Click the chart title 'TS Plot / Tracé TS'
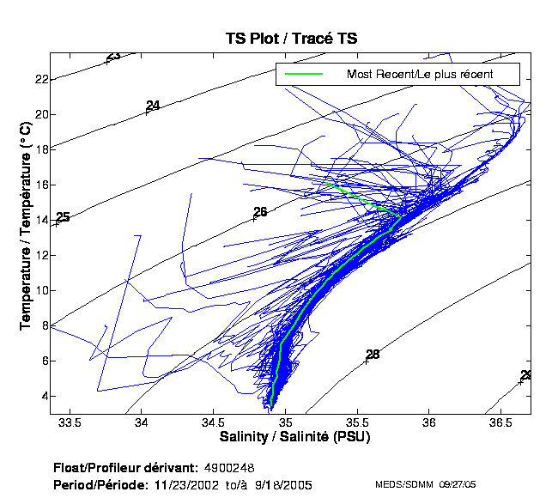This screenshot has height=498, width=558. (x=290, y=39)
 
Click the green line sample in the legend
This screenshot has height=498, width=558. (x=304, y=75)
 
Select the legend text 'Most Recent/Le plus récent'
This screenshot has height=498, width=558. (x=419, y=75)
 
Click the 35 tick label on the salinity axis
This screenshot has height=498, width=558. (x=287, y=422)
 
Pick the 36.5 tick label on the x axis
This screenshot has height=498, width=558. (x=501, y=422)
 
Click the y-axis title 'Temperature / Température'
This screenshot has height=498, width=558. (x=25, y=225)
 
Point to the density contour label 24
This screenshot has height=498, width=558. (x=153, y=106)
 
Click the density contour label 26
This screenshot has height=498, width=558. (x=260, y=212)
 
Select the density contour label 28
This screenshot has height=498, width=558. (x=372, y=355)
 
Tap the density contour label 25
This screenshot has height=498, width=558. (x=62, y=218)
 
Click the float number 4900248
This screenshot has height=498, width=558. (x=229, y=469)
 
